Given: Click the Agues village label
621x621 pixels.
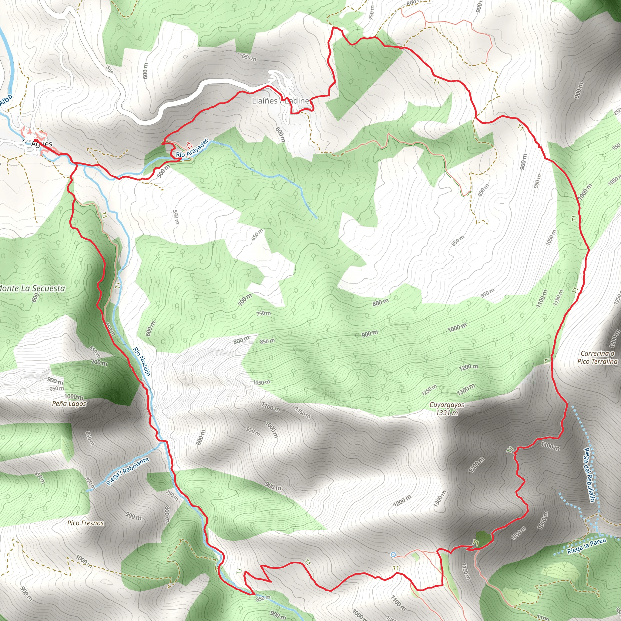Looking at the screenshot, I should click(42, 144).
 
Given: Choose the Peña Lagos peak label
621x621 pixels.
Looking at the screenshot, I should click(69, 404).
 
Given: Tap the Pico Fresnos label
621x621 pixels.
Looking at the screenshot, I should click(86, 523).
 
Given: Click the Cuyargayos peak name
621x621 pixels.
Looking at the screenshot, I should click(447, 405).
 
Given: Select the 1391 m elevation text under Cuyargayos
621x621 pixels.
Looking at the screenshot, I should click(447, 413).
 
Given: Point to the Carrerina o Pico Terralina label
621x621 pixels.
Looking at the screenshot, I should click(598, 357).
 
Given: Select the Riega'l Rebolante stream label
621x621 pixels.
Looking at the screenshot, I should click(128, 471).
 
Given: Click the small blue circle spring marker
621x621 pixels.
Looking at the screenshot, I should click(393, 555).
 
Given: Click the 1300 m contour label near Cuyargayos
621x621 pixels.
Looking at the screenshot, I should click(466, 390).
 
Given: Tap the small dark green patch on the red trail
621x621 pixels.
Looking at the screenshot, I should click(482, 538).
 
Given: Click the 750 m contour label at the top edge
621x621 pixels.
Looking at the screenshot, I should click(372, 12).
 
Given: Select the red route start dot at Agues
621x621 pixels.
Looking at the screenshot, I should click(36, 141).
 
